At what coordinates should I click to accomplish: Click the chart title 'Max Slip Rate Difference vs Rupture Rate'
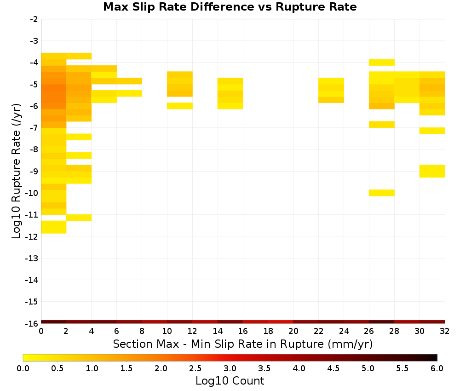pos(230,7)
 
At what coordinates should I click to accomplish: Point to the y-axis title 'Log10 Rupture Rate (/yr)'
pos(17,171)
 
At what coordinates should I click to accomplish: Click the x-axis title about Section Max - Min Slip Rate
pos(242,344)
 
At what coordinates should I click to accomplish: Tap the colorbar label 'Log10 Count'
pos(230,381)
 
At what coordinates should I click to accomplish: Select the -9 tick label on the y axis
pos(34,171)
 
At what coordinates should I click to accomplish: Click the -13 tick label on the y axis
pos(32,258)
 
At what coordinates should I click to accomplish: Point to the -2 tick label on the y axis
pos(34,19)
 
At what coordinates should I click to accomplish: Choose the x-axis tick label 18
pos(268,331)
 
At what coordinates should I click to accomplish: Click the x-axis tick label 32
pos(444,331)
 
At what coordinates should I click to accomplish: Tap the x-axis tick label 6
pos(116,331)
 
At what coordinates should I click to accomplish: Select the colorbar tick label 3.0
pos(230,368)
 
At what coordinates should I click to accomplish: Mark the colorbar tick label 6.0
pos(437,368)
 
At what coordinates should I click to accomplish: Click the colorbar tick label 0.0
pos(23,368)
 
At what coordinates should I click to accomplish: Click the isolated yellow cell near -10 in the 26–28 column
pos(382,193)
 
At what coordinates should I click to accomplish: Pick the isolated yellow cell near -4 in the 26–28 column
pos(382,62)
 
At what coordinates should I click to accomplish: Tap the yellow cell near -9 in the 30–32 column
pos(432,171)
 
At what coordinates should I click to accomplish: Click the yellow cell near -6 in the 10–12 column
pos(180,106)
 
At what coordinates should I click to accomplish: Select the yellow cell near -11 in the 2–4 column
pos(79,218)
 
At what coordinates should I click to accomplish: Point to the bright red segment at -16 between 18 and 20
pos(281,322)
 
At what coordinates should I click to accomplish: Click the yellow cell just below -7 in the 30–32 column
pos(432,131)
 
